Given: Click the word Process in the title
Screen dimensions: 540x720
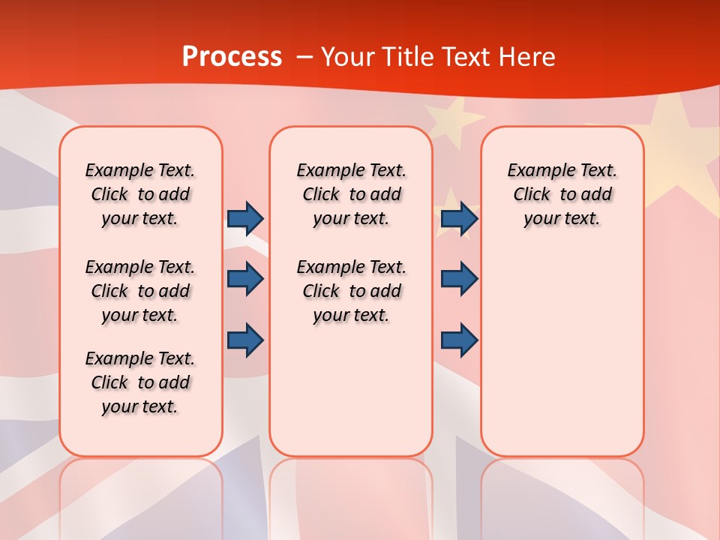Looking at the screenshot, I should (232, 57).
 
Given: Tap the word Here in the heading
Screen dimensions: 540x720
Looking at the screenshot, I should (529, 57).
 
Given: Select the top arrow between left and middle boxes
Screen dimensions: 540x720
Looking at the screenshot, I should (245, 218).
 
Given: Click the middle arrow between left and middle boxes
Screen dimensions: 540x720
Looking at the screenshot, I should (245, 279).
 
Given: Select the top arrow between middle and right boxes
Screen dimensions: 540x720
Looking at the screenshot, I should (459, 218).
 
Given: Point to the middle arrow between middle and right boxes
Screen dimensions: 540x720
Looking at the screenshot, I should (459, 279).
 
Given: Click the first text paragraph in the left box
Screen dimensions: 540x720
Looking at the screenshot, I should (140, 194).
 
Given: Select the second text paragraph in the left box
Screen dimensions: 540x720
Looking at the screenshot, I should (140, 291).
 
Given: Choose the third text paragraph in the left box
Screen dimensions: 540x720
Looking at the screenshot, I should (140, 382).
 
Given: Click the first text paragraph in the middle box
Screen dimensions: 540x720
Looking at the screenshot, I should (351, 194).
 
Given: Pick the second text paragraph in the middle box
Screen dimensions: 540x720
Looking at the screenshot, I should (351, 291).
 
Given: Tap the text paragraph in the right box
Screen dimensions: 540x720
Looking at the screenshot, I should (562, 194).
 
